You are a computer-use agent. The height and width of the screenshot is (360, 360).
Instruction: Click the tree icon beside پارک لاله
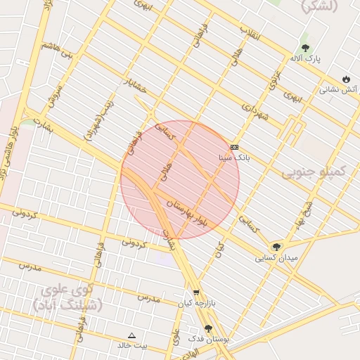tap(304, 47)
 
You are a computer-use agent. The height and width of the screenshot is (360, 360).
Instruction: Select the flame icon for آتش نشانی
tap(346, 78)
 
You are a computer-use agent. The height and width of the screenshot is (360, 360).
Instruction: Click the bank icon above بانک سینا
tap(234, 147)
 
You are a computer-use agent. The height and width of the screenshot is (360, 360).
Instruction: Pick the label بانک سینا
tap(234, 158)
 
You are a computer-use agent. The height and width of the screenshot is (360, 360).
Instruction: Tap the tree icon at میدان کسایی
tap(276, 246)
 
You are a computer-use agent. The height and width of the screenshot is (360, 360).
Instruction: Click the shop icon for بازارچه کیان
tap(195, 292)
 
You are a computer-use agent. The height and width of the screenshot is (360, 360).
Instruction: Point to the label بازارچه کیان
tap(195, 303)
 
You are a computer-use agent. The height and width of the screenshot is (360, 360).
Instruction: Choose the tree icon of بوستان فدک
tap(208, 328)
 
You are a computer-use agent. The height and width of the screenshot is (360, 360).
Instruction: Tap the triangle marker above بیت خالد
tap(131, 335)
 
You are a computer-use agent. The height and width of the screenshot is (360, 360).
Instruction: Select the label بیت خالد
tap(132, 346)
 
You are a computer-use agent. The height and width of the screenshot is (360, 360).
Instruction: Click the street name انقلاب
tap(250, 32)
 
